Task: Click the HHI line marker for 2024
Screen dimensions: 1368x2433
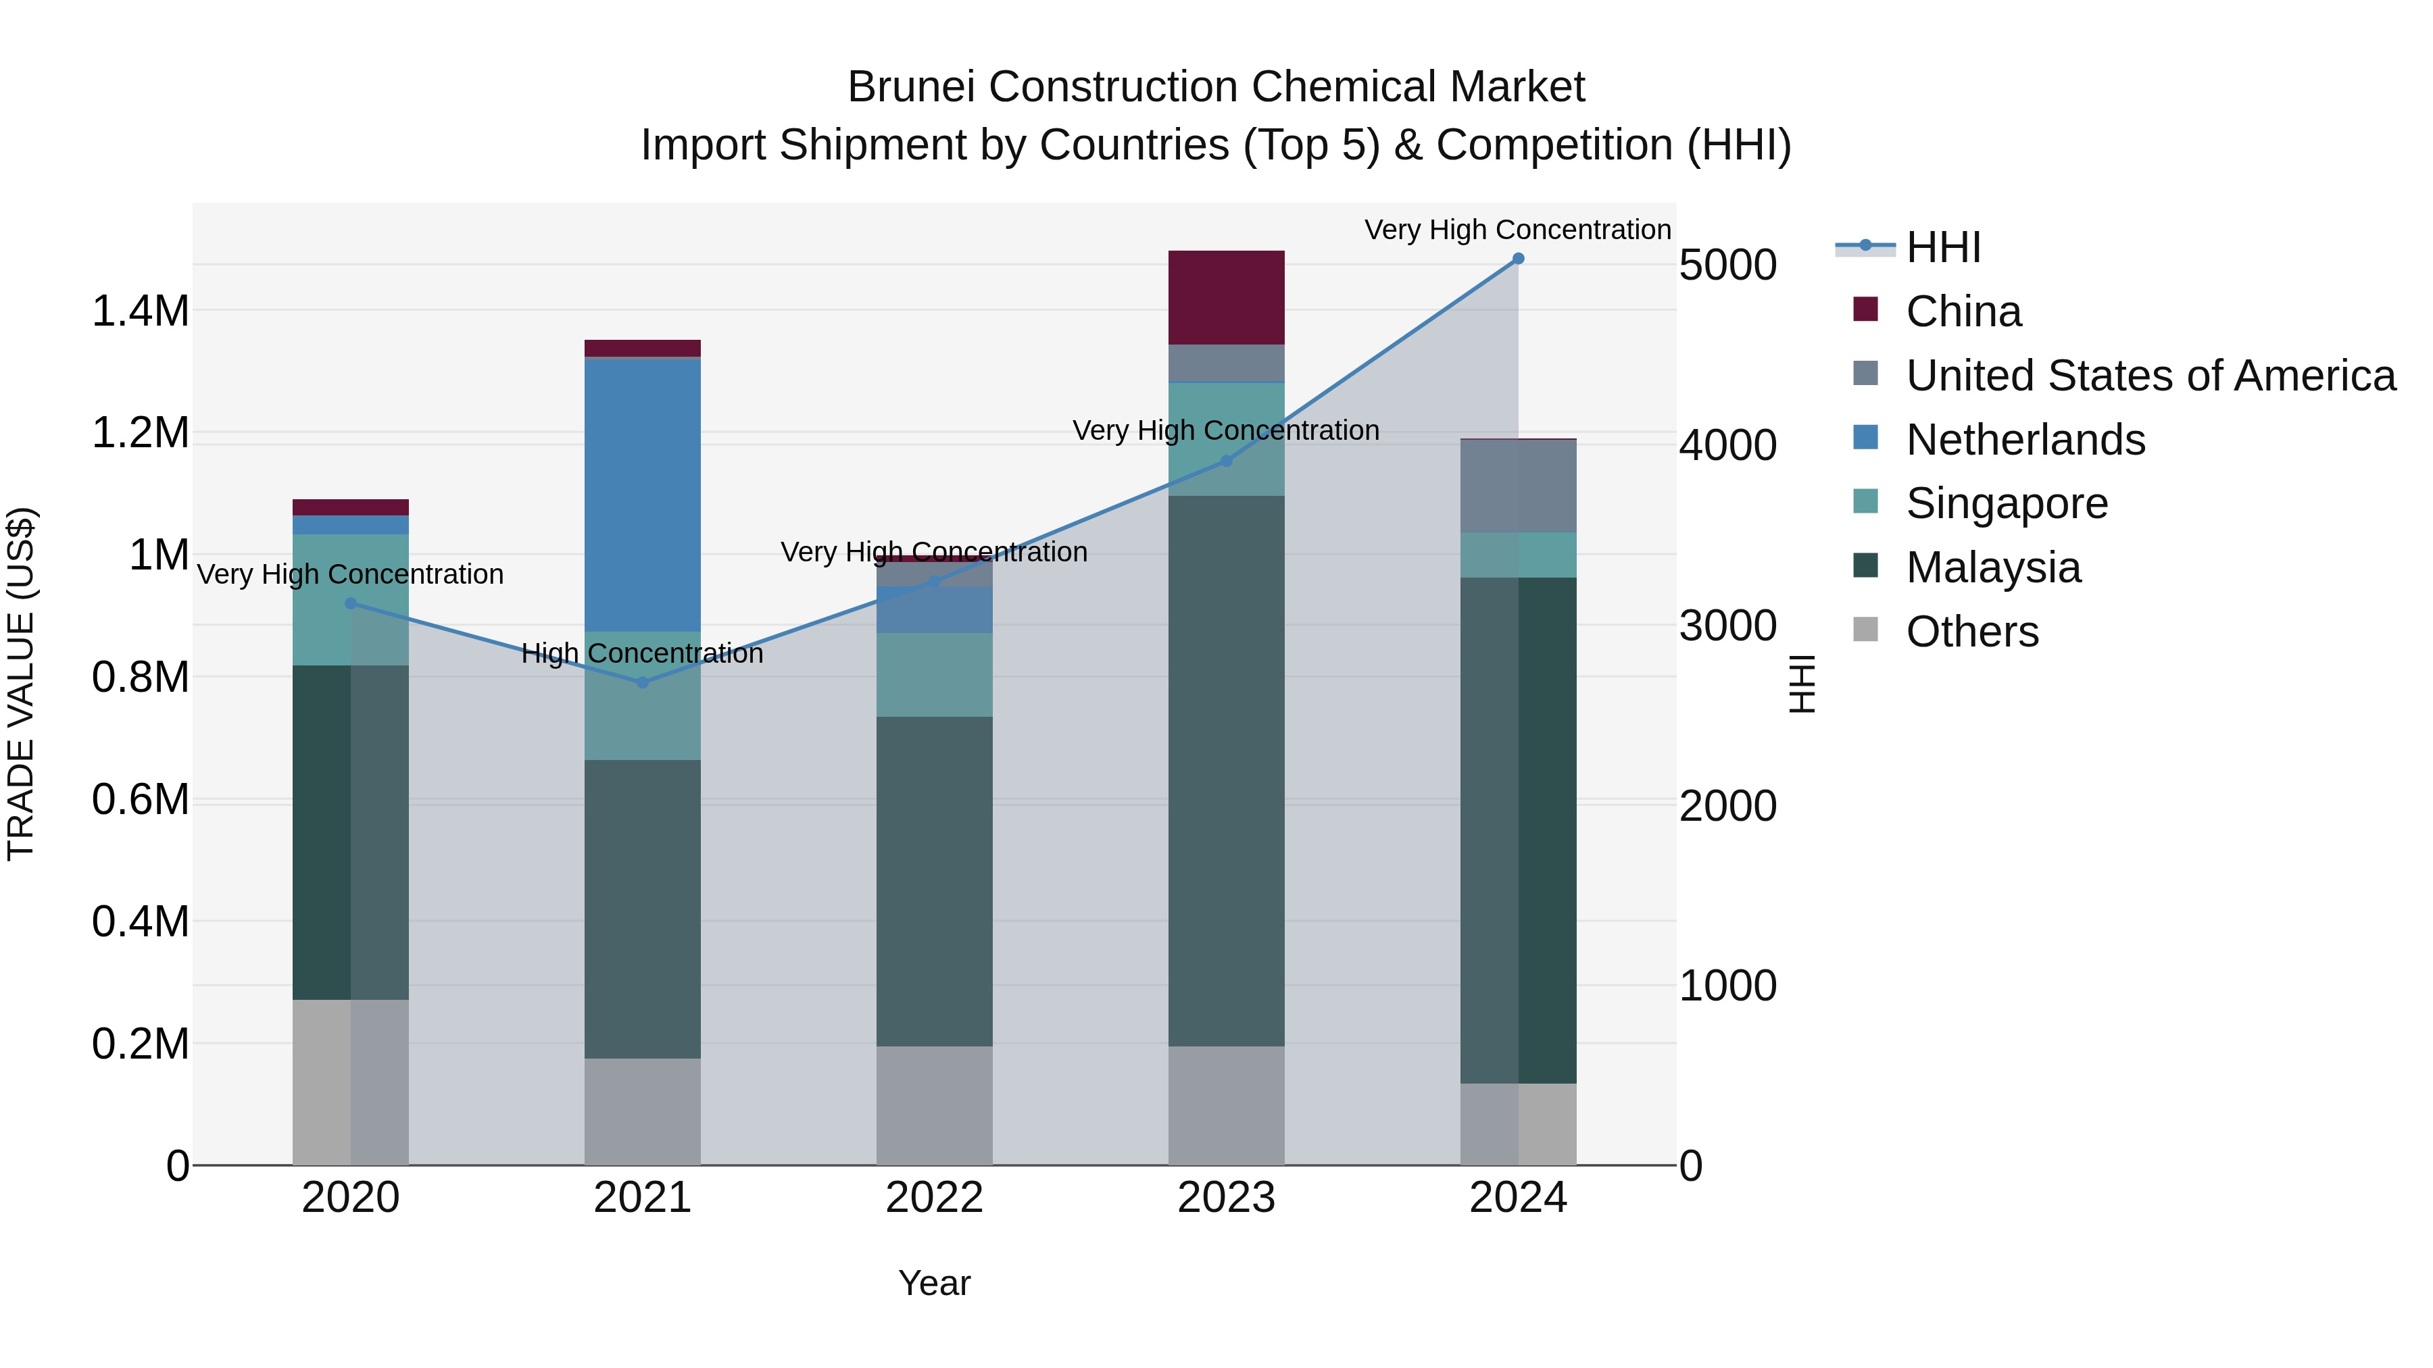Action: coord(1518,259)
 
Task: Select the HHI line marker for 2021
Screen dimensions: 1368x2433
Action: coord(642,682)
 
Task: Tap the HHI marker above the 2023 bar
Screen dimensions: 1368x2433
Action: coord(1226,461)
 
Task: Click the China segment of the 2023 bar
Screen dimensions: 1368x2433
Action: coord(1226,297)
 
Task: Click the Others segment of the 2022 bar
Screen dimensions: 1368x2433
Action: coord(934,1105)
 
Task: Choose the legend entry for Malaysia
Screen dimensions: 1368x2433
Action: coord(1993,567)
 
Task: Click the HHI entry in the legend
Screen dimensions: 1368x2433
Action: coord(1943,247)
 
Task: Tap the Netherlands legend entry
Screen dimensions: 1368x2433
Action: coord(2025,440)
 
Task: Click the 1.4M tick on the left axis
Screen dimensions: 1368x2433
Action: coord(141,311)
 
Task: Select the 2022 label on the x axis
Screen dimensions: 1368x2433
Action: coord(934,1198)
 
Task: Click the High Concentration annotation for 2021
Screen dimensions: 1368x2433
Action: coord(642,653)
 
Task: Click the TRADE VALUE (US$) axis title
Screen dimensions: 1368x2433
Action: coord(21,684)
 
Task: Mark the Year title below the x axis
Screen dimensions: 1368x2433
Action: coord(934,1283)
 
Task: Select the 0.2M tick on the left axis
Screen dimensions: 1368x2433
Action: coord(141,1044)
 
